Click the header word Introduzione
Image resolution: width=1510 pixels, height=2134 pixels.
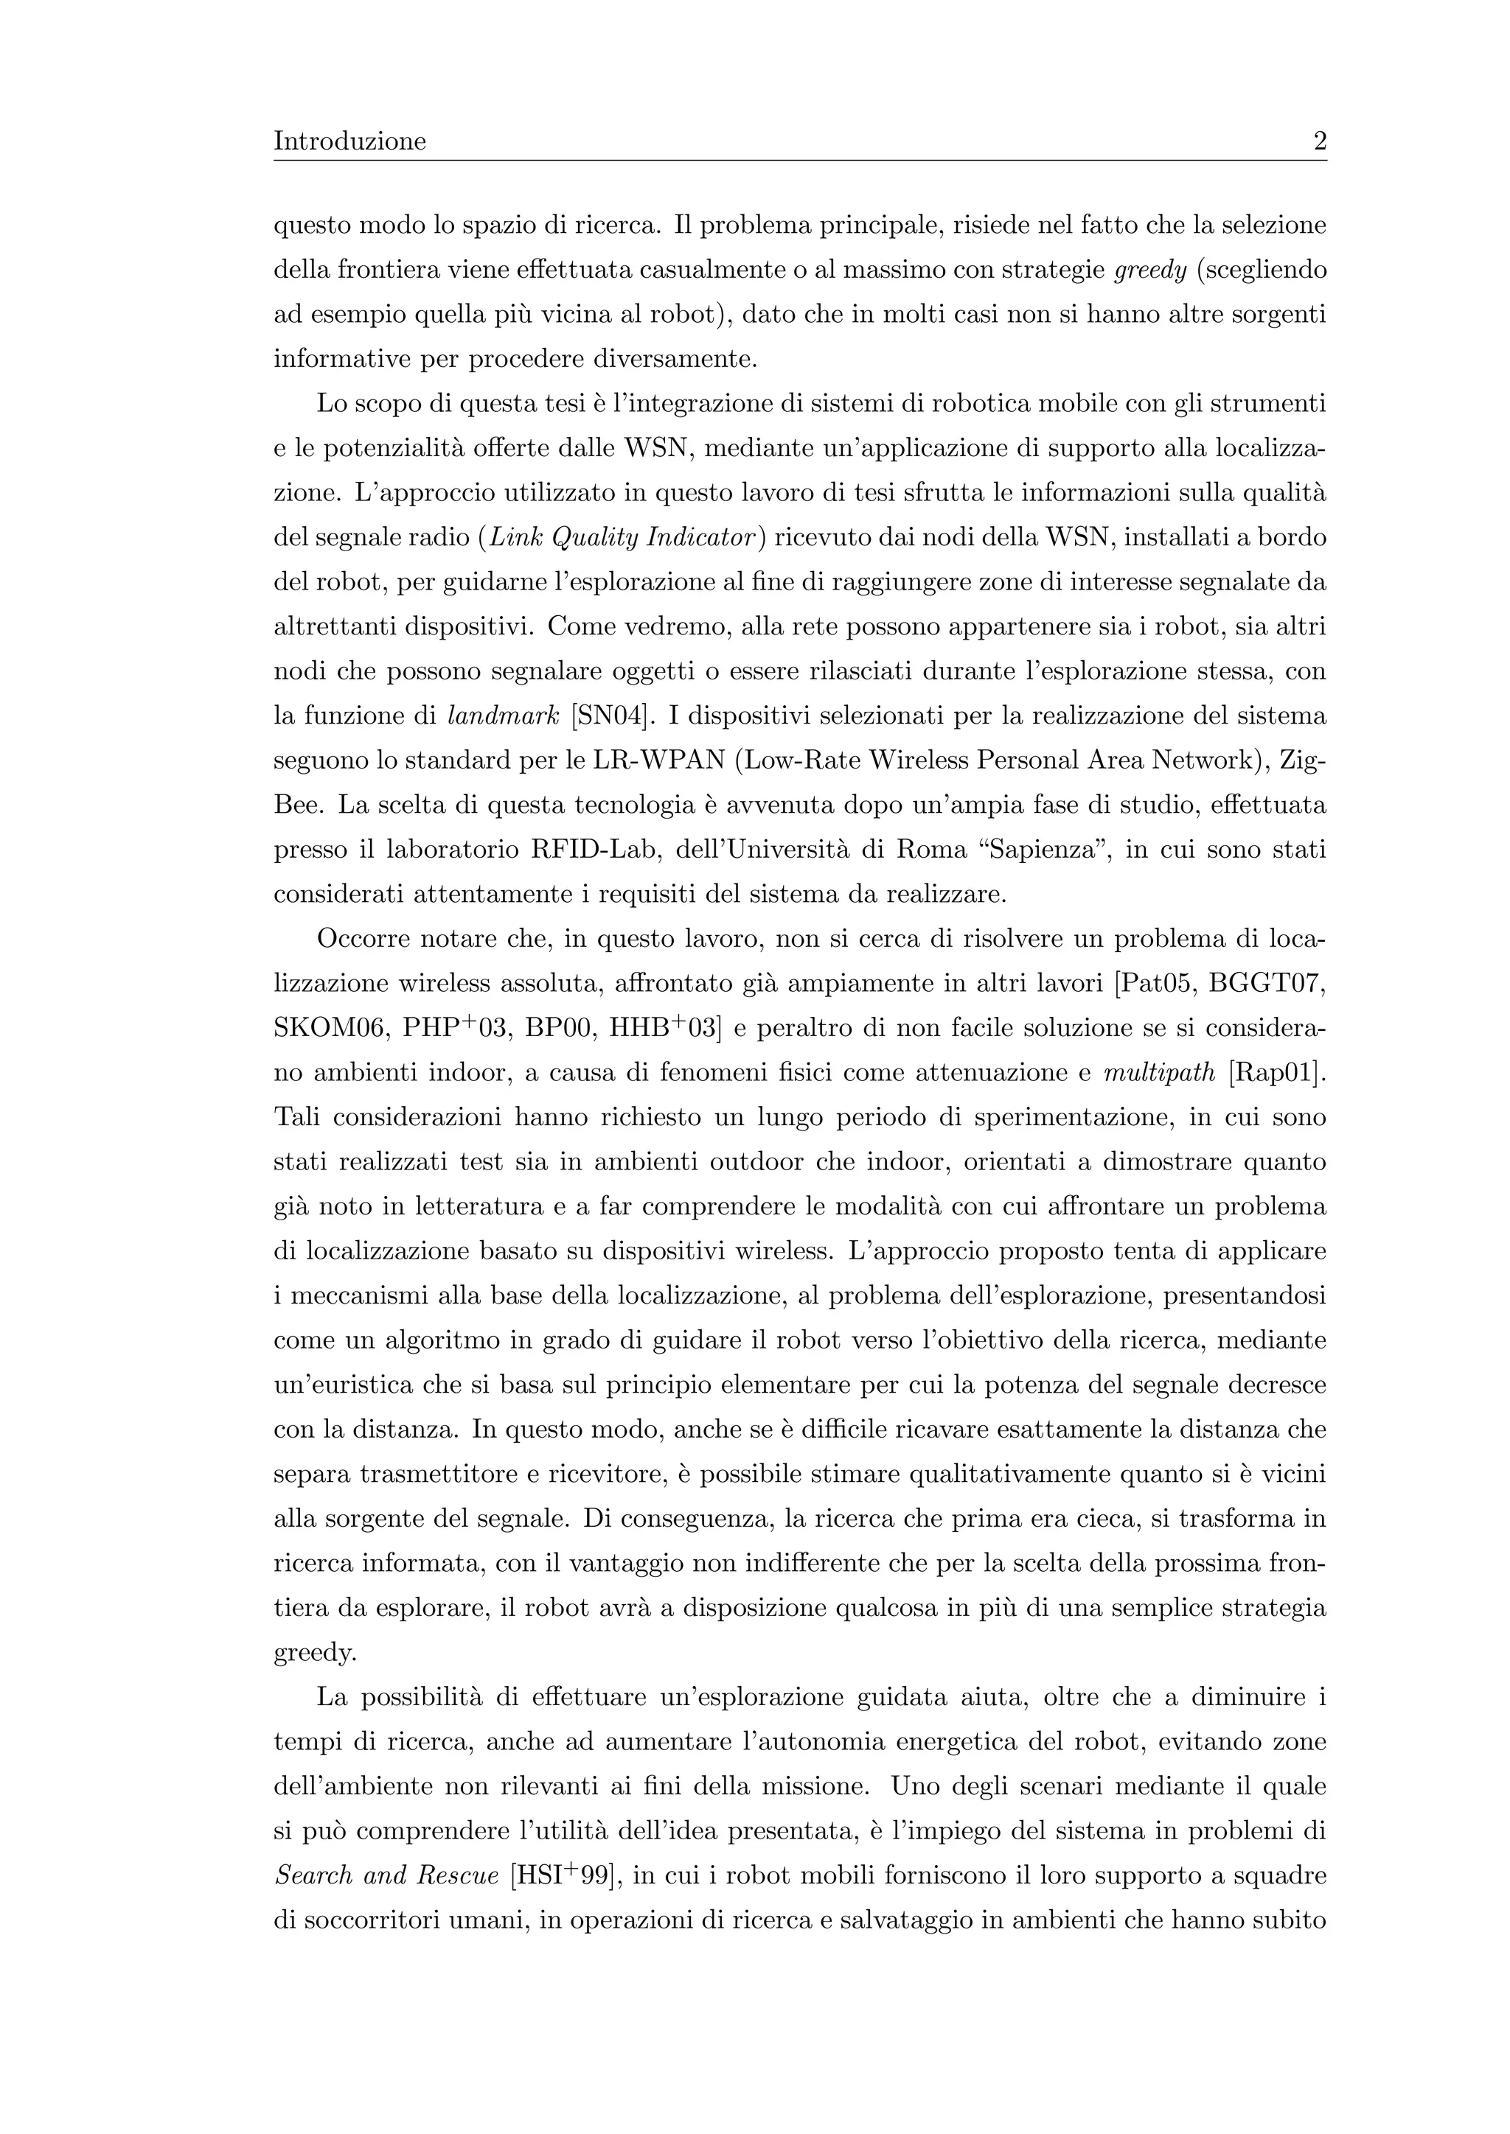click(x=349, y=141)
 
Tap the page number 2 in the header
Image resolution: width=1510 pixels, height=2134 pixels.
click(x=1319, y=141)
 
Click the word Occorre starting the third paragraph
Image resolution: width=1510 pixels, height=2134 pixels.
click(x=362, y=940)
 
